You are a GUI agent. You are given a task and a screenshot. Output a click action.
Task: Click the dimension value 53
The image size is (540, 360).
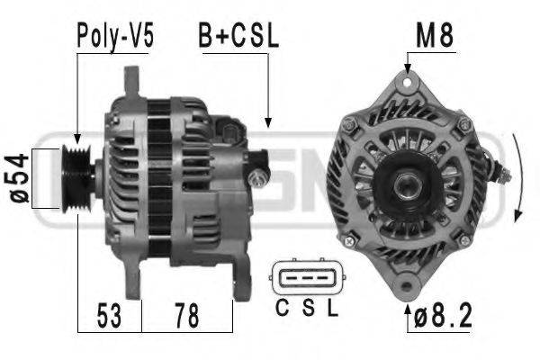click(x=110, y=317)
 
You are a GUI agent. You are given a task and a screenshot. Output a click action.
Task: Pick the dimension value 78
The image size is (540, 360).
click(x=185, y=317)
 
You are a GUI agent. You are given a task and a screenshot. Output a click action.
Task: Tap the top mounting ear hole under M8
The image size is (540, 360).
click(x=411, y=84)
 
